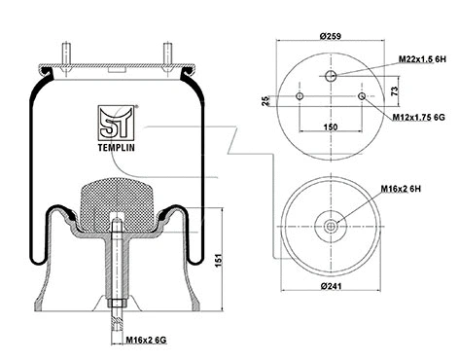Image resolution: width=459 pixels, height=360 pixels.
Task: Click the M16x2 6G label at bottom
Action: pyautogui.click(x=146, y=340)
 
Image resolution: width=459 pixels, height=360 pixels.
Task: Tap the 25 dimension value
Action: pyautogui.click(x=266, y=101)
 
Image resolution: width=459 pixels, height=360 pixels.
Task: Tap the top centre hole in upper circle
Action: pyautogui.click(x=331, y=76)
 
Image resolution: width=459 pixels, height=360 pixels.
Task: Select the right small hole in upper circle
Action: pyautogui.click(x=361, y=96)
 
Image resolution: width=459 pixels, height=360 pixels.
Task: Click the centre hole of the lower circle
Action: pyautogui.click(x=331, y=227)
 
